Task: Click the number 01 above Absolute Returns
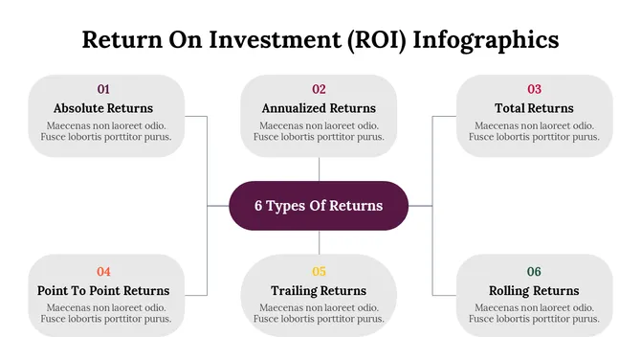click(x=103, y=89)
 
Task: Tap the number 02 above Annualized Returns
click(x=319, y=89)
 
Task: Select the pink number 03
click(x=534, y=89)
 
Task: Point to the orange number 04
click(x=103, y=271)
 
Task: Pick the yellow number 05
click(x=319, y=271)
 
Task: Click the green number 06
click(x=534, y=271)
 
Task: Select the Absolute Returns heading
click(x=103, y=108)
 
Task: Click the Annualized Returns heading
click(x=319, y=108)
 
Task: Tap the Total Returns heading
click(x=534, y=108)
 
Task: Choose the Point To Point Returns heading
click(x=103, y=290)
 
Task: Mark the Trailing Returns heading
click(x=319, y=290)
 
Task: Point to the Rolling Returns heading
click(x=534, y=290)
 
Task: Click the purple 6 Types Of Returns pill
click(x=319, y=206)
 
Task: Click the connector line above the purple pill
click(x=319, y=169)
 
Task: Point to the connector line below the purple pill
click(x=319, y=242)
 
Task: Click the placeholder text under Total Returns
click(x=534, y=131)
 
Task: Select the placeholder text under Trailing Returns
click(x=319, y=313)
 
